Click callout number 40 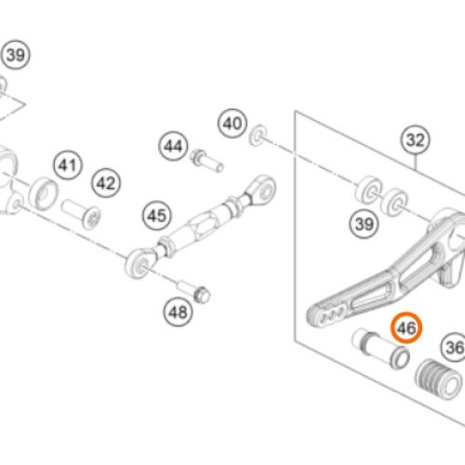pos(232,124)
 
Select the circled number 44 pos(173,146)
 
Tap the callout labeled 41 pos(68,165)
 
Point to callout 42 pos(106,183)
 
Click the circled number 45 pos(157,216)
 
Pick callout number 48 pos(178,312)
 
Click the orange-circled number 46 pos(406,327)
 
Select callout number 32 pos(416,139)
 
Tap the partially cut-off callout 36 pos(453,347)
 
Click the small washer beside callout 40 pos(259,135)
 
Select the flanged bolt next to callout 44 pos(206,160)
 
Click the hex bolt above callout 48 pos(194,290)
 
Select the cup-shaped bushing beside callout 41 pos(44,193)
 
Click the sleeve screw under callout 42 pos(81,214)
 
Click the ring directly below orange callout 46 pos(400,357)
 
